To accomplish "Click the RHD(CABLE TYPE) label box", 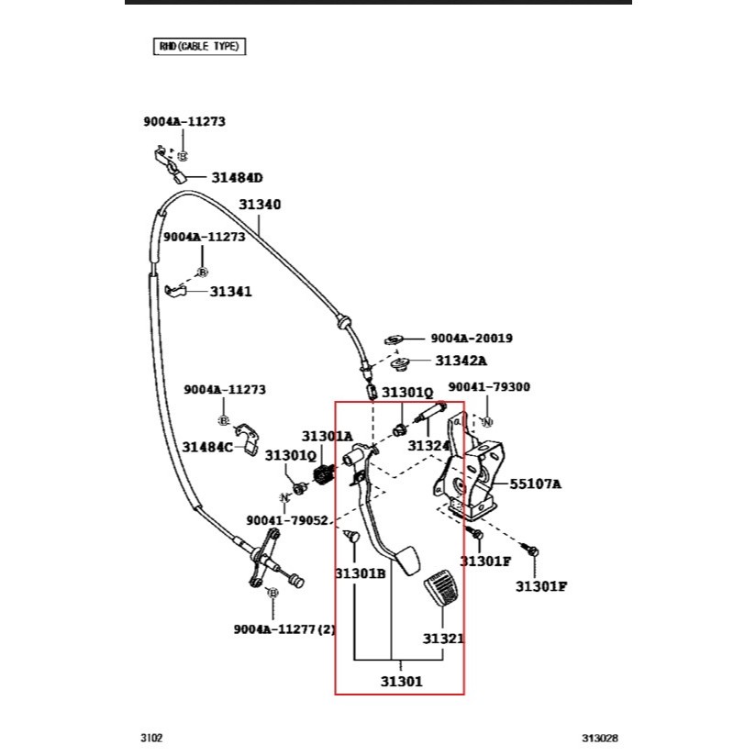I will pos(199,46).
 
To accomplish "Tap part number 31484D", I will pos(237,177).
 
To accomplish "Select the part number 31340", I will pos(260,205).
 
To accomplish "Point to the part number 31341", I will pos(230,292).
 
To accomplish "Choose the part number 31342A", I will pos(461,361).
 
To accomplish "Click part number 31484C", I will pos(206,447).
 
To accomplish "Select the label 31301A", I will pos(327,436).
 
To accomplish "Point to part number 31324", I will pos(428,446).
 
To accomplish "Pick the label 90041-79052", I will pos(286,520).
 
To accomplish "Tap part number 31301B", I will pos(360,573).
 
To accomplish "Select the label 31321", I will pos(443,638).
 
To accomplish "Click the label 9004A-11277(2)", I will pos(285,628).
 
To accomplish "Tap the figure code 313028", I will pos(599,737).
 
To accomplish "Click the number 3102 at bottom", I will pos(151,737).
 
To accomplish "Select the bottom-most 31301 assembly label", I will pos(402,681).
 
